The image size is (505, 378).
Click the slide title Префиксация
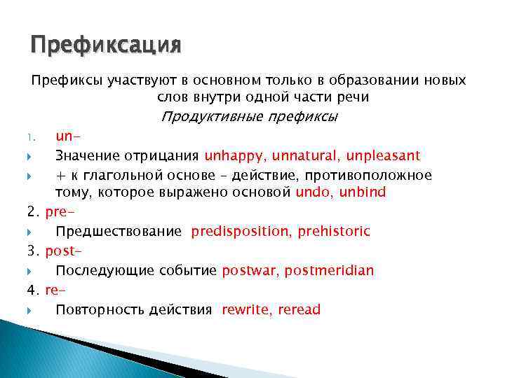click(106, 45)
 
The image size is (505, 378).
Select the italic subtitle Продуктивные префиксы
click(249, 115)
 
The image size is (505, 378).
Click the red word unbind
click(362, 192)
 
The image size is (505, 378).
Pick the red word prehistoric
click(334, 231)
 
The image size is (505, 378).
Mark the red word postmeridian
click(329, 270)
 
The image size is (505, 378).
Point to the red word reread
click(299, 309)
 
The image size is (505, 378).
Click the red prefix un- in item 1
click(65, 136)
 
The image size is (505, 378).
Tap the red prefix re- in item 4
click(54, 290)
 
